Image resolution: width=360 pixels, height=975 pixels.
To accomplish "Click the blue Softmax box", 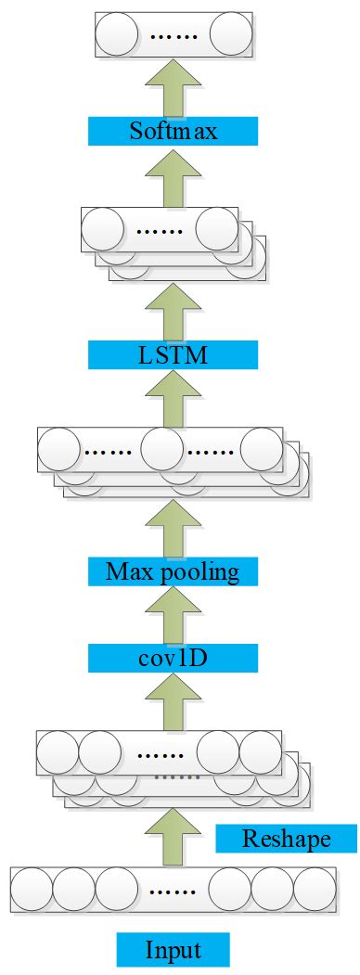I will [173, 131].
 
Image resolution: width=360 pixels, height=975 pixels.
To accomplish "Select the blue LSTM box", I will [173, 353].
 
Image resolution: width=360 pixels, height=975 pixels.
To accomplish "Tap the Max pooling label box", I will [173, 571].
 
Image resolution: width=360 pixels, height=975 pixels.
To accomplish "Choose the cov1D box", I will [173, 658].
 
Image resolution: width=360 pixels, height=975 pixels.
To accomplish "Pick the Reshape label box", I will [286, 840].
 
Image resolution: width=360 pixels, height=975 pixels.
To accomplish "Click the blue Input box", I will [173, 950].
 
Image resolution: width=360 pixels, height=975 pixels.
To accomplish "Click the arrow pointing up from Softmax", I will [173, 85].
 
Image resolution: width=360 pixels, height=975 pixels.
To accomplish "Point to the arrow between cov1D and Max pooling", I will [173, 613].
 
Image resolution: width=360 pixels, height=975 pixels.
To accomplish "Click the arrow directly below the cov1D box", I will [173, 700].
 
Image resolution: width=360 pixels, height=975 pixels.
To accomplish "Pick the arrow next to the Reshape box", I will [173, 835].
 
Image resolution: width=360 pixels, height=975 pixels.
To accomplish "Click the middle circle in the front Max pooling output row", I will [160, 449].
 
